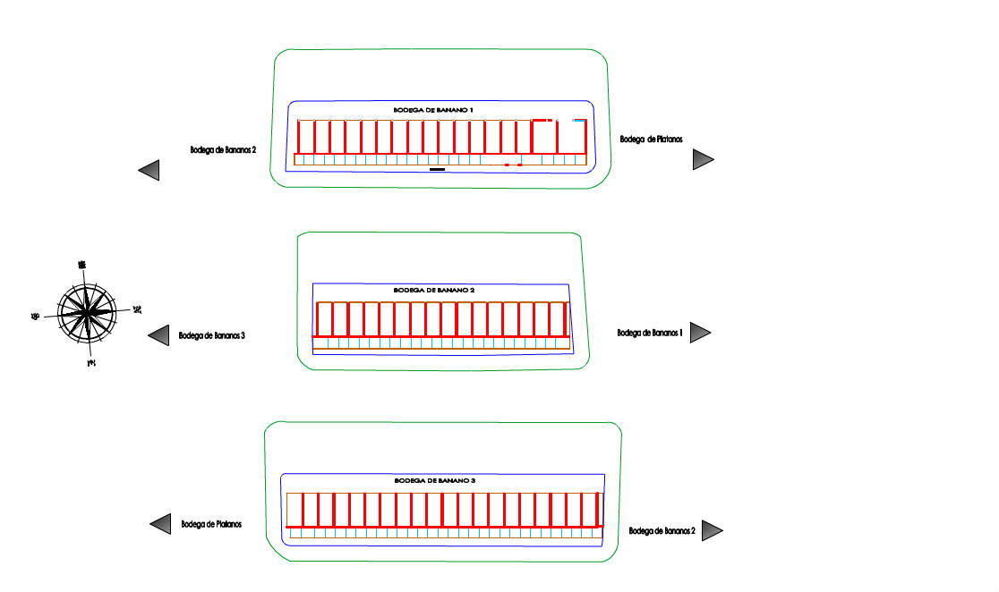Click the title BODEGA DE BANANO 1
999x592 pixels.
pos(433,109)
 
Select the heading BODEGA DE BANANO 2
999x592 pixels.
pos(434,291)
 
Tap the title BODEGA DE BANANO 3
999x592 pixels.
pos(435,481)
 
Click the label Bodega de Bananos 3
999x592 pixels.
pos(212,336)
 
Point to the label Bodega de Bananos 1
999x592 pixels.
pos(651,333)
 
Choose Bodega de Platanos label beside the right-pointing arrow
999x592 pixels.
pos(651,139)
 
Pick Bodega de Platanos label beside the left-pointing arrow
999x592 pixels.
pos(211,524)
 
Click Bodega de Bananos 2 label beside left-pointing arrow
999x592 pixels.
pos(224,149)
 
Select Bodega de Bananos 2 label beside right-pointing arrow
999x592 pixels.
pos(662,530)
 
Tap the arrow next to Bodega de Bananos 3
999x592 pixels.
pos(159,335)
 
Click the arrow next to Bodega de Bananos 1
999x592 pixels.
pos(700,333)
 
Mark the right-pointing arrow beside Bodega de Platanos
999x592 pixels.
pos(703,159)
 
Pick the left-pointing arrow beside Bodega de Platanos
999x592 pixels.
pos(160,524)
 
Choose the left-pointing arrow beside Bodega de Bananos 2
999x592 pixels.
pos(149,170)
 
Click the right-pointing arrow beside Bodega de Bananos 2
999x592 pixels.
pos(712,530)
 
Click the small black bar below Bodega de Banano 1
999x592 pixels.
pos(437,168)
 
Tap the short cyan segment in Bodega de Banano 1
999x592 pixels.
pos(580,120)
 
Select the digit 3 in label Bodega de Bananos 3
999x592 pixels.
pos(243,336)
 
